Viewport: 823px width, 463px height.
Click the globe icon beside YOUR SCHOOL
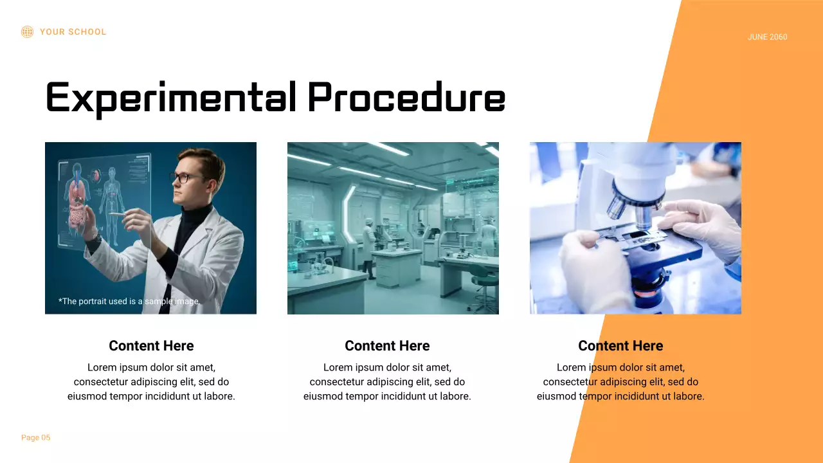pyautogui.click(x=27, y=32)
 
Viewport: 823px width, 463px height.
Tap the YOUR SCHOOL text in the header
pyautogui.click(x=73, y=32)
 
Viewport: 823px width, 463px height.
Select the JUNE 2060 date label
pyautogui.click(x=767, y=37)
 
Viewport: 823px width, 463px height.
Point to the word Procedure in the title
pyautogui.click(x=406, y=98)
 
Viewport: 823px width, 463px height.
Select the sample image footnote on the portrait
pyautogui.click(x=129, y=301)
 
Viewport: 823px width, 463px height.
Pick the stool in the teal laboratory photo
pyautogui.click(x=482, y=283)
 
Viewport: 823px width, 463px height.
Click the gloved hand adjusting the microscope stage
pyautogui.click(x=701, y=225)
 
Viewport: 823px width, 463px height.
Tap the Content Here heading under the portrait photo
pyautogui.click(x=151, y=346)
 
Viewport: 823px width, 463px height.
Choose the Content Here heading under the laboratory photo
pyautogui.click(x=387, y=346)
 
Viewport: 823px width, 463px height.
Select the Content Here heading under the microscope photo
pyautogui.click(x=620, y=346)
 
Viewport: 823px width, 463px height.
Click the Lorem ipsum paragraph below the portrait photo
pyautogui.click(x=151, y=382)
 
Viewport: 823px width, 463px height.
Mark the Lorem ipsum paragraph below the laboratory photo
pyautogui.click(x=387, y=382)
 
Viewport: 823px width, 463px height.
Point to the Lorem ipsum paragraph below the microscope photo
pyautogui.click(x=620, y=382)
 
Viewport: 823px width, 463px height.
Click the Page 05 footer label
pyautogui.click(x=35, y=438)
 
